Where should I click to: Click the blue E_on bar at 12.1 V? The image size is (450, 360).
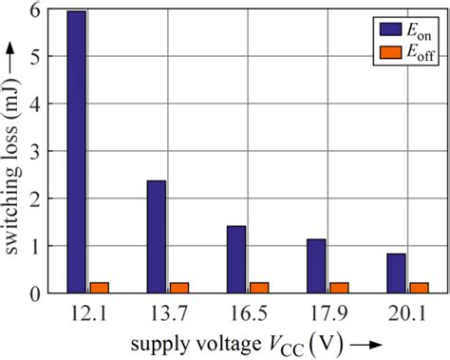(x=77, y=152)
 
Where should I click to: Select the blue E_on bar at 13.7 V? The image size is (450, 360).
(x=157, y=237)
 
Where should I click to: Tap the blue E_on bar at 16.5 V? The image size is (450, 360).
(x=236, y=259)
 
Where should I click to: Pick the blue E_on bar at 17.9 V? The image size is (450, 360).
(x=316, y=266)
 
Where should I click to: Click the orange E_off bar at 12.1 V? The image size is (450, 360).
(x=99, y=288)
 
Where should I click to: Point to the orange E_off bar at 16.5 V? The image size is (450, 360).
(x=258, y=288)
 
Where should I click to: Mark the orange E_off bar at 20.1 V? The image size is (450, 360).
(x=418, y=288)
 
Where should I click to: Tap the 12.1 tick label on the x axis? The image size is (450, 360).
(x=87, y=313)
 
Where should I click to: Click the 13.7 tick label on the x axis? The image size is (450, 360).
(x=167, y=313)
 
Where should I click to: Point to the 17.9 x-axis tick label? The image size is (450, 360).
(x=327, y=313)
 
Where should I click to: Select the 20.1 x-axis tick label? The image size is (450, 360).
(x=406, y=313)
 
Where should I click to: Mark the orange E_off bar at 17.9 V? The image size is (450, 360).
(x=338, y=288)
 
